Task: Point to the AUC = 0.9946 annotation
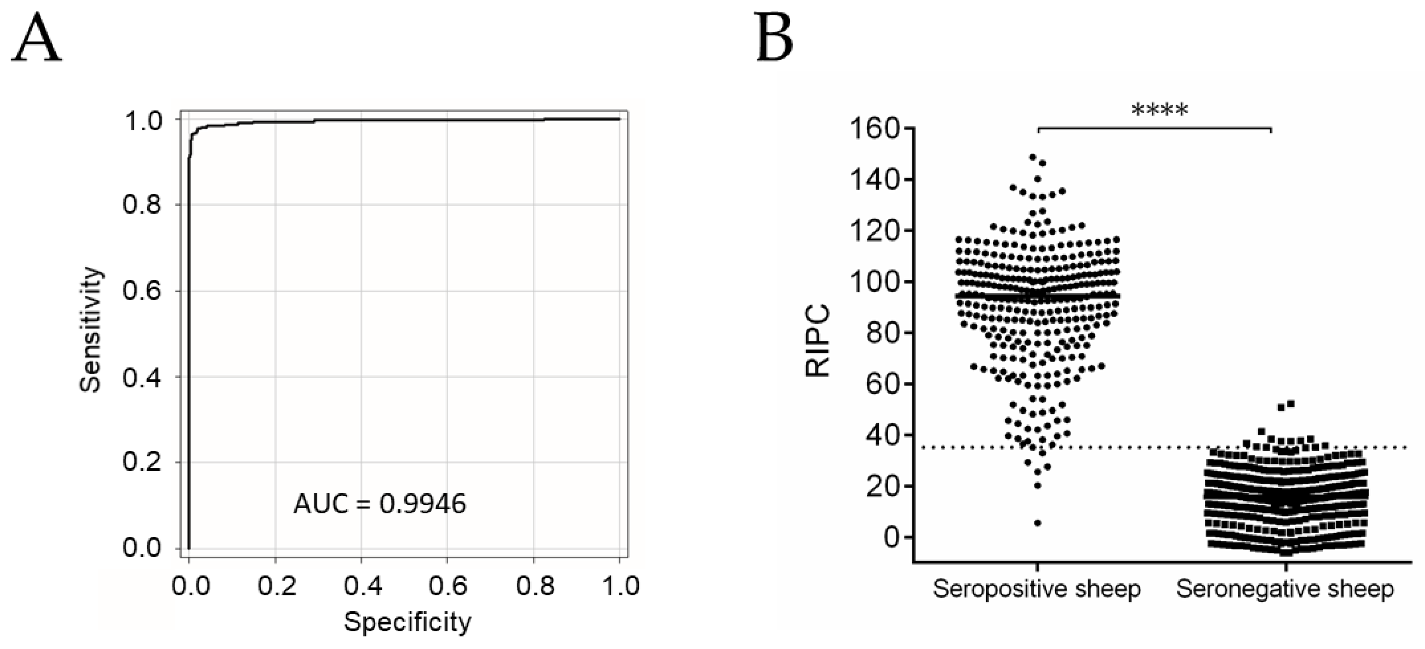click(379, 504)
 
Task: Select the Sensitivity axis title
click(91, 330)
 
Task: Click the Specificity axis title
click(408, 622)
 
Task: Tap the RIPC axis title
click(818, 341)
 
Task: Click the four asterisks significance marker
click(1159, 111)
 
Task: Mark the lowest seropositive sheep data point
click(1038, 523)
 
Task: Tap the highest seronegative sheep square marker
click(1290, 404)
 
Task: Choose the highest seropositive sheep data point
click(1032, 157)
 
